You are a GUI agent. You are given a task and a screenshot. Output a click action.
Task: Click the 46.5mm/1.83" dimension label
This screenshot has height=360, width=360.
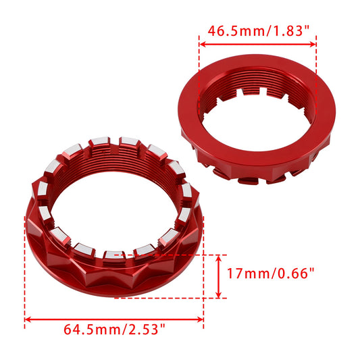[x=257, y=31]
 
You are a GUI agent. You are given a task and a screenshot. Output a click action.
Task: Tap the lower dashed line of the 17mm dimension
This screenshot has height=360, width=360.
[x=169, y=298]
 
